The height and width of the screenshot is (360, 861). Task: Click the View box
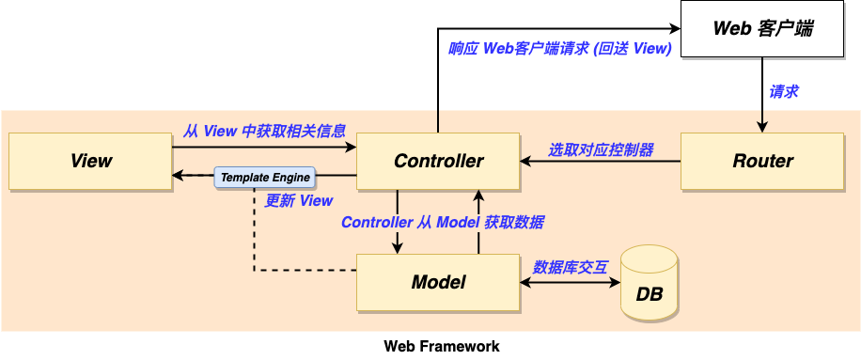[90, 161]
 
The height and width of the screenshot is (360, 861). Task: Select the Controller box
[438, 161]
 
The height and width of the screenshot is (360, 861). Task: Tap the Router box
[762, 161]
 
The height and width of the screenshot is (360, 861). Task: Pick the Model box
[438, 282]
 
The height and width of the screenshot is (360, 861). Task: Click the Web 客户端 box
[761, 29]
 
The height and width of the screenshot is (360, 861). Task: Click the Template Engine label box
[265, 177]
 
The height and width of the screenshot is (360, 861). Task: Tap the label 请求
[784, 92]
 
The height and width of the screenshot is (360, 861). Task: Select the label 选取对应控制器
[601, 149]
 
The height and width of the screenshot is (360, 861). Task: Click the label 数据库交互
[571, 267]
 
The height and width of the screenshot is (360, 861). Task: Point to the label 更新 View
[299, 200]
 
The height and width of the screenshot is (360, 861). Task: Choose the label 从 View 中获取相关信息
[264, 131]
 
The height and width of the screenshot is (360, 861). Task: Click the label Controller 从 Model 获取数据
[442, 223]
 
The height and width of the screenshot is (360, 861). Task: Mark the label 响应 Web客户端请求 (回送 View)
[559, 49]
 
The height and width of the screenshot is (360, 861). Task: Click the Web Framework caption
[442, 346]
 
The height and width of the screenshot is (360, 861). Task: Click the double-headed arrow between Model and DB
[570, 282]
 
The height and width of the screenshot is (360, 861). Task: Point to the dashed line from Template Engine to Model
[254, 244]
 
